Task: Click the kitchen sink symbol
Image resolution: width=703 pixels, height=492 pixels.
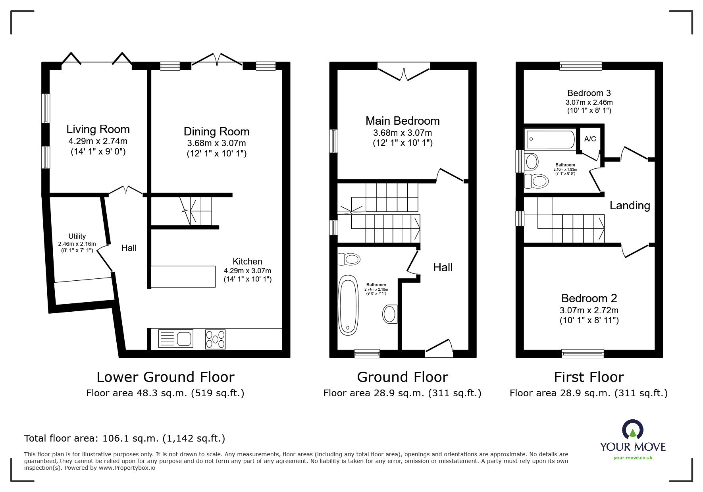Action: coord(176,339)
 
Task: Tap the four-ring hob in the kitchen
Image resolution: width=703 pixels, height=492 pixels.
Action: coord(215,340)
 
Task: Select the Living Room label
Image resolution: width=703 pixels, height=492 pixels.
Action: coord(98,129)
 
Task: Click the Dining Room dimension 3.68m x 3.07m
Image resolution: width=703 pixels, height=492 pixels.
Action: coord(216,143)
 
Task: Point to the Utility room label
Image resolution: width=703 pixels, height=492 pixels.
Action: coord(77,236)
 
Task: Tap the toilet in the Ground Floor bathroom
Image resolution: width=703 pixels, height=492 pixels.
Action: coord(349,259)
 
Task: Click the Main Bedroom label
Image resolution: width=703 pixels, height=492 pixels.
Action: coord(403,121)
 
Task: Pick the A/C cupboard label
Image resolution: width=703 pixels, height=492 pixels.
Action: coord(590,139)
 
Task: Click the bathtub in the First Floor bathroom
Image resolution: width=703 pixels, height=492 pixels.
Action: coord(551,139)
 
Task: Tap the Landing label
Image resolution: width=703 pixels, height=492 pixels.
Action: coord(630,205)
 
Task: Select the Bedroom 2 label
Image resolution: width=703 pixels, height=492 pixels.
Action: coord(589,298)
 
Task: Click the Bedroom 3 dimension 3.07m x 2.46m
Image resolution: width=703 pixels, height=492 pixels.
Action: coord(589,102)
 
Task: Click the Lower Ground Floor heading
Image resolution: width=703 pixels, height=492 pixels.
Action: coord(166,377)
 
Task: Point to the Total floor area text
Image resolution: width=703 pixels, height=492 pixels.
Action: coord(125,438)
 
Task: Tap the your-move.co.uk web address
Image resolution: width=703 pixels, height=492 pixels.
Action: coord(633,458)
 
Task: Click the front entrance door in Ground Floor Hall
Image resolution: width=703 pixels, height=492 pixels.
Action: coord(439,346)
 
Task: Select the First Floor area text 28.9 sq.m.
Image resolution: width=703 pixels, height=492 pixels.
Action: coord(589,393)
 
